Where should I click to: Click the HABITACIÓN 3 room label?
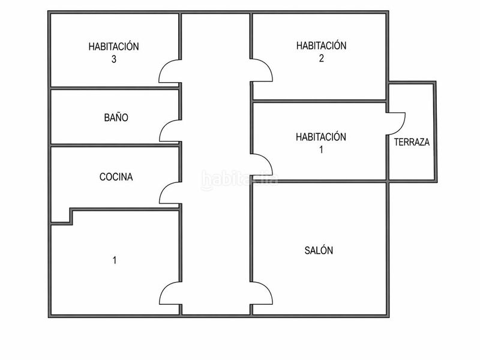coord(113,52)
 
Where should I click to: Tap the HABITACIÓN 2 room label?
coord(321,52)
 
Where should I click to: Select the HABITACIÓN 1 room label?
coord(321,143)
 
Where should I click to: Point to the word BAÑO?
coord(116,117)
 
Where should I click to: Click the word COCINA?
coord(116,176)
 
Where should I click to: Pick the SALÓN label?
coord(319,250)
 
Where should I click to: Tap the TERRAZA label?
coord(412,142)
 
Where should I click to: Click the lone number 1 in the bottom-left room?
coord(115,260)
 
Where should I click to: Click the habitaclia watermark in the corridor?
coord(239,180)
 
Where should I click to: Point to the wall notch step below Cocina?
coord(71,217)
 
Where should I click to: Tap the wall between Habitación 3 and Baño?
coord(115,88)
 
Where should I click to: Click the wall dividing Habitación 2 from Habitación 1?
coord(319,101)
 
